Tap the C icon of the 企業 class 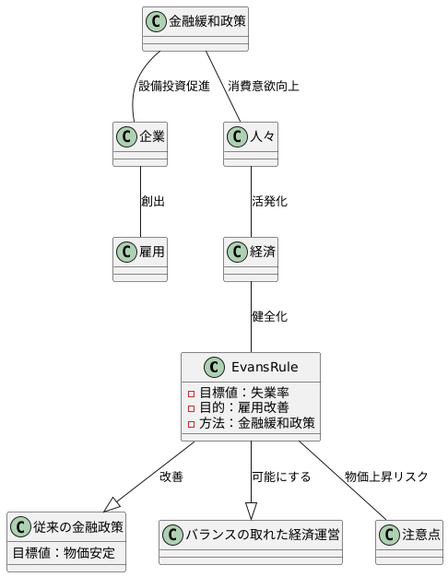click(x=126, y=137)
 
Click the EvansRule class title click(x=263, y=367)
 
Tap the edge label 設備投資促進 click(x=173, y=87)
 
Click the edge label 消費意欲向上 click(x=263, y=87)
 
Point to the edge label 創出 click(x=153, y=201)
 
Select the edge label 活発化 click(x=269, y=201)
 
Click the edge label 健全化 click(x=269, y=316)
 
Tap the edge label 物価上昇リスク click(x=386, y=477)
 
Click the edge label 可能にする click(x=281, y=477)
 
